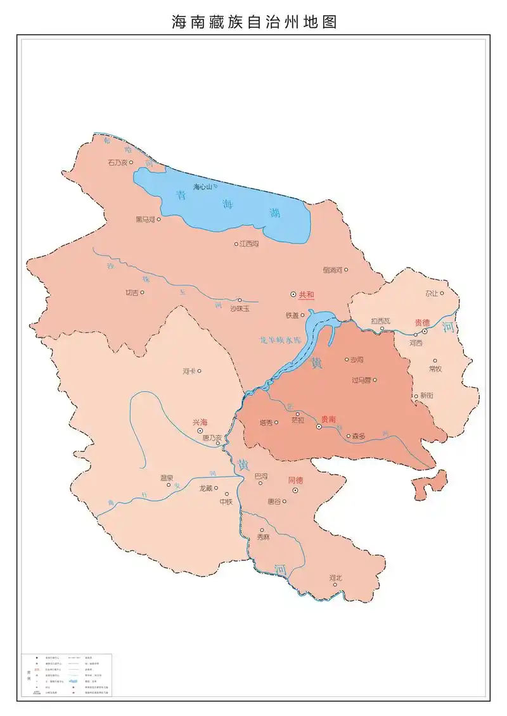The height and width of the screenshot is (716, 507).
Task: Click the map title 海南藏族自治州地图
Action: click(253, 22)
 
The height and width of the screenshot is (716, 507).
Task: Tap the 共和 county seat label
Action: click(306, 294)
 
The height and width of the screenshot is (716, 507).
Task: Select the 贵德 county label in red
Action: click(422, 322)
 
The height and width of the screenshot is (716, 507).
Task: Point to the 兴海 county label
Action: click(200, 422)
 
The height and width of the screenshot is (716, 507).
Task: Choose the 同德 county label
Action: click(295, 480)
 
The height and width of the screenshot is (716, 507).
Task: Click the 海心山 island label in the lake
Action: click(202, 187)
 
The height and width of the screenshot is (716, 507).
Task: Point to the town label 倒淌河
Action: click(331, 270)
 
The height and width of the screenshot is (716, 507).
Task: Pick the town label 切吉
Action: click(131, 292)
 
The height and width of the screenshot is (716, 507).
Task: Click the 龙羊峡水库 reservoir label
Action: click(277, 340)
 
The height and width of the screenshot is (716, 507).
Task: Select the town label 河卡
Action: click(188, 371)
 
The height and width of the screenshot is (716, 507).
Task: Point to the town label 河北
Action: click(335, 577)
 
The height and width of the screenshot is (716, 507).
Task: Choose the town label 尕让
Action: click(432, 293)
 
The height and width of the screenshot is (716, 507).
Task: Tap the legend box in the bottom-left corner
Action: click(67, 675)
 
